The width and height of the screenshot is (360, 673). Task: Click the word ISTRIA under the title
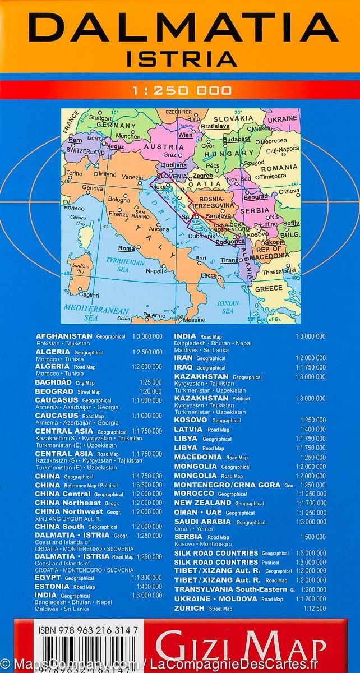180,58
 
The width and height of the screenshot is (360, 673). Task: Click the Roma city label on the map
126,248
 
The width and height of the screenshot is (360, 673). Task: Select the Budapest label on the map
236,139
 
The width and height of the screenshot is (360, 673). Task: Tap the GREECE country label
269,288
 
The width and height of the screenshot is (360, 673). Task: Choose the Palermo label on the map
154,315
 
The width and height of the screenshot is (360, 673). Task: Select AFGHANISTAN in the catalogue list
63,336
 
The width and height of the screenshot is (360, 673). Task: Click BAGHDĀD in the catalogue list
53,382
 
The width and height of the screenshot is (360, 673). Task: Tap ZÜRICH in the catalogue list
190,608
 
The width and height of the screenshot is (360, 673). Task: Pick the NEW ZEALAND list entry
202,503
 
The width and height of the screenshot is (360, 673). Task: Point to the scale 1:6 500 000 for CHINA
146,485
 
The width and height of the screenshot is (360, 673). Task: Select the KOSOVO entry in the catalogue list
191,420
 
